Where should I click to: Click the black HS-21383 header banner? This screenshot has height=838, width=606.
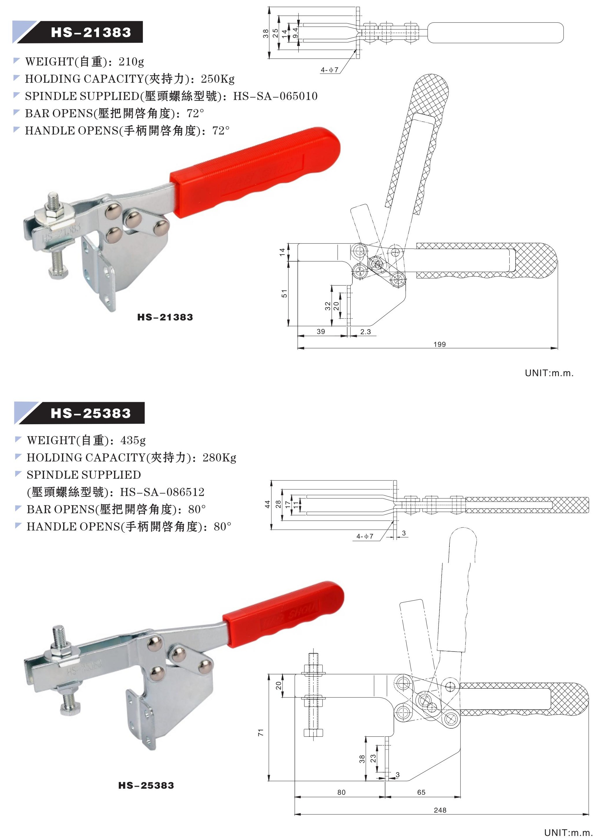(91, 32)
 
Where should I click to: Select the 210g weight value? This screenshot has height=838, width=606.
(131, 61)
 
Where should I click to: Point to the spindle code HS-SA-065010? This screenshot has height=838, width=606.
(275, 96)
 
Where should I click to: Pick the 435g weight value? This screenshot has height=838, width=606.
(133, 440)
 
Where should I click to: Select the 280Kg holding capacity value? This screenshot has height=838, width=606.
(219, 457)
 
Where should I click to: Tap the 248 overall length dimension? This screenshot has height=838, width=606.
(440, 810)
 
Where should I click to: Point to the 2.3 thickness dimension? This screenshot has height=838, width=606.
(366, 332)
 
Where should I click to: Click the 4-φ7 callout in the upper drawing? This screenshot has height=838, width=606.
(329, 70)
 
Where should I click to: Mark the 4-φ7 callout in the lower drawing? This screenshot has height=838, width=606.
(365, 536)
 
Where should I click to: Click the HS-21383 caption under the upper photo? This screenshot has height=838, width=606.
(165, 317)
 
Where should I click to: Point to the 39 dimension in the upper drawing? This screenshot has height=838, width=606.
(321, 332)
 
